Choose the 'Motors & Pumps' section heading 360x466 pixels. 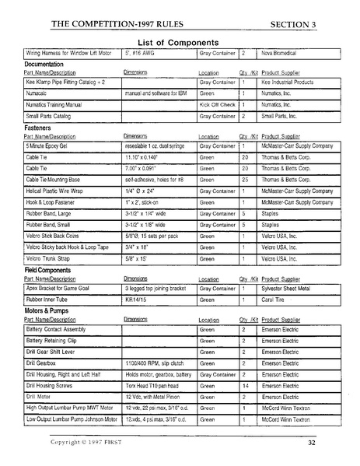pyautogui.click(x=48, y=310)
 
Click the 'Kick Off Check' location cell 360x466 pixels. pyautogui.click(x=217, y=103)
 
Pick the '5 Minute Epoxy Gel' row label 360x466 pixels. pyautogui.click(x=51, y=145)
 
